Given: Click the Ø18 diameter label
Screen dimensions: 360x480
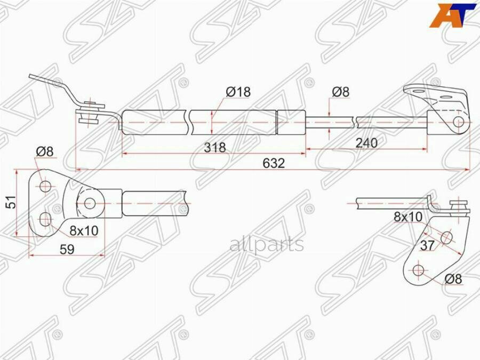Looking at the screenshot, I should (x=238, y=92).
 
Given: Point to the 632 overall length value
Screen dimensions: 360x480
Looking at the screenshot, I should (x=273, y=163).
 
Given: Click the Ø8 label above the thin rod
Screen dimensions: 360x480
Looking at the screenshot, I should (x=340, y=92).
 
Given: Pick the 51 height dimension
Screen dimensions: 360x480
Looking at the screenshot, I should (x=8, y=203).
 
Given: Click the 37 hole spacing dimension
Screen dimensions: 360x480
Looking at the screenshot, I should (x=428, y=245).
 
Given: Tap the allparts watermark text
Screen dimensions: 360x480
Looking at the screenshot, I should (x=267, y=245).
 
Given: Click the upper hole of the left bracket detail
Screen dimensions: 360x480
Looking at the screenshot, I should (x=45, y=186).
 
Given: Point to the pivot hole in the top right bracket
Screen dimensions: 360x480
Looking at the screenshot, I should (x=458, y=122).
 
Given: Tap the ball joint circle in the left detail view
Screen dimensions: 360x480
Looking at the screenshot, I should (x=90, y=203).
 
